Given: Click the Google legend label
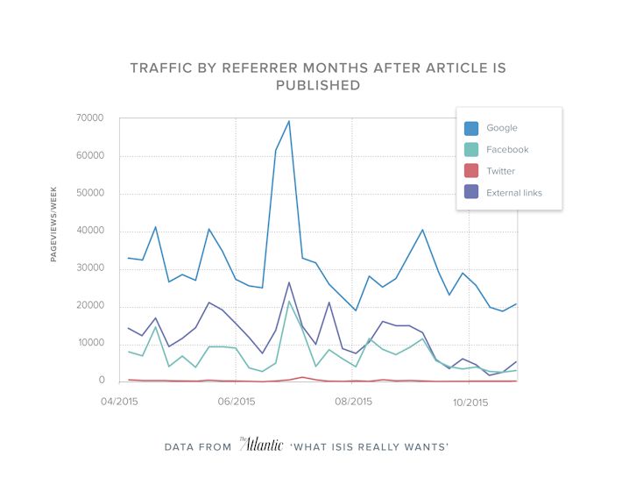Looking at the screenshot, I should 502,128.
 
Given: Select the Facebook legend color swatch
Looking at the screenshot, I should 471,150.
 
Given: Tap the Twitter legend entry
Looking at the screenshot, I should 501,172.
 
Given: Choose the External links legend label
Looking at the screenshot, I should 513,193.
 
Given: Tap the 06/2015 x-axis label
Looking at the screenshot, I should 236,403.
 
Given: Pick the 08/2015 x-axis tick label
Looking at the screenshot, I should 353,403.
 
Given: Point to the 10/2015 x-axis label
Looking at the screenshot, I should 470,403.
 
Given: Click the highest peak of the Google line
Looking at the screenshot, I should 289,121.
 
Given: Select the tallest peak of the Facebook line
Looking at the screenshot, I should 289,301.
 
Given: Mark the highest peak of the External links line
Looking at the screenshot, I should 289,282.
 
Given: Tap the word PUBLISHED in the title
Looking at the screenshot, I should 318,85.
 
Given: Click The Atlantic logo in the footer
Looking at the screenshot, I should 261,446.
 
